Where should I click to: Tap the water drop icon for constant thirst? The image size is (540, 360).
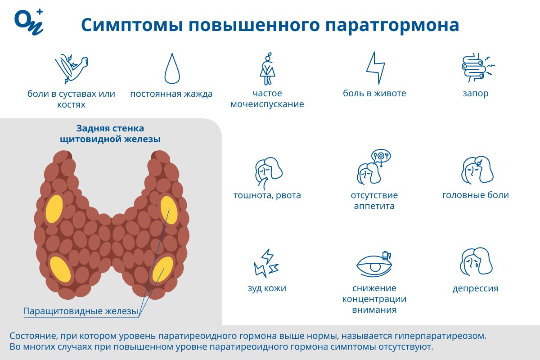[x=172, y=68]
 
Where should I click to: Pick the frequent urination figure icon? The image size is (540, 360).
[x=267, y=68]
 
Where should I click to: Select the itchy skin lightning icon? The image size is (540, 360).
[x=266, y=263]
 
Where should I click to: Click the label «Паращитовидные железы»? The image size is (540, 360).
[x=80, y=311]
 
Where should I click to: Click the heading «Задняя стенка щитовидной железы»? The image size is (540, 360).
[x=110, y=134]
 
